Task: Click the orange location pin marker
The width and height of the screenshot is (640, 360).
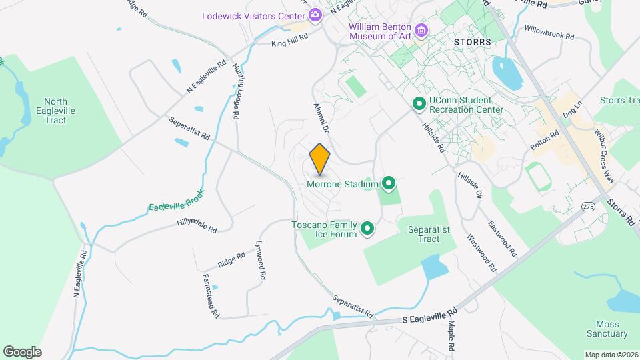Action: [x=320, y=159]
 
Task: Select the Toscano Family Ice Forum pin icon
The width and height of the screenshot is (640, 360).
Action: [x=367, y=229]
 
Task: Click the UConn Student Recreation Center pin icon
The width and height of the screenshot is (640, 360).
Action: [x=419, y=104]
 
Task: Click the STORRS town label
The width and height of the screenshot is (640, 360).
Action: [x=472, y=41]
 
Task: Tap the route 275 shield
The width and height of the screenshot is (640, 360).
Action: [x=587, y=207]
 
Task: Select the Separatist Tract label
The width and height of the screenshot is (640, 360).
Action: [x=429, y=234]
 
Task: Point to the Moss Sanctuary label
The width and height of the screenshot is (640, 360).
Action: [x=607, y=329]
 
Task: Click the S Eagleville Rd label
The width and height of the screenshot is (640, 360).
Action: [x=431, y=315]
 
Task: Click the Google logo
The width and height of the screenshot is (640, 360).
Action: [x=22, y=351]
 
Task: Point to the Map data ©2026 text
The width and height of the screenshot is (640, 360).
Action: [x=610, y=355]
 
